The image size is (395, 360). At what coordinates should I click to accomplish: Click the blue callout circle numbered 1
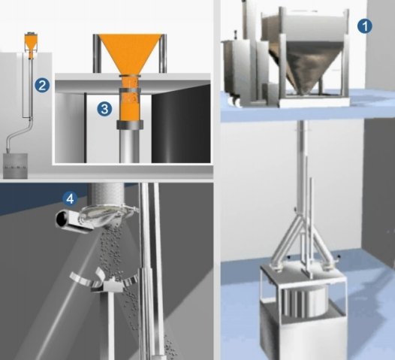click(x=364, y=26)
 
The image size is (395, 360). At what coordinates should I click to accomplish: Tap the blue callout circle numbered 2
click(x=42, y=85)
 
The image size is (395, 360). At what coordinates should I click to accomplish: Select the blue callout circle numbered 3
click(x=104, y=109)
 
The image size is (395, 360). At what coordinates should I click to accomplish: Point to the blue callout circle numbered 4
click(x=70, y=199)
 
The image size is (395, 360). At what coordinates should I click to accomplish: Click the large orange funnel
click(x=130, y=54)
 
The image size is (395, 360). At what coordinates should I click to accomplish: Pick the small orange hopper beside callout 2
click(x=31, y=45)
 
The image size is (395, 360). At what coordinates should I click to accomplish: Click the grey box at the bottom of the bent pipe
click(x=15, y=166)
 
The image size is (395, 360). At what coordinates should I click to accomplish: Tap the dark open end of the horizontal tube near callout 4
click(x=62, y=219)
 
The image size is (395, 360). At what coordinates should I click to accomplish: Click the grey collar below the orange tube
click(x=130, y=125)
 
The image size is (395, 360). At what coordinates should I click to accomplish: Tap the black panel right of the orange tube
click(x=181, y=124)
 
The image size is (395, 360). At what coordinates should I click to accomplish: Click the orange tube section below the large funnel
click(x=130, y=98)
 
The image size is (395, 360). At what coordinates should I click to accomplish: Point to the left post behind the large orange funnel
click(x=96, y=53)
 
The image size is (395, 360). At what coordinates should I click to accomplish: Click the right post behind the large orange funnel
click(x=163, y=53)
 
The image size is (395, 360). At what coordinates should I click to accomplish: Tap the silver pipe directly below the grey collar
click(x=129, y=147)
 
